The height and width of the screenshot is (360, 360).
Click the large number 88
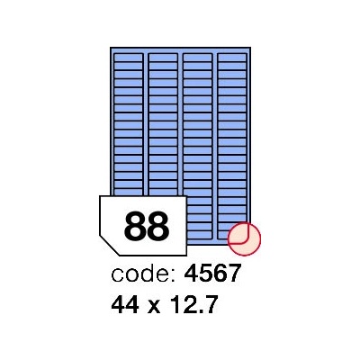147,226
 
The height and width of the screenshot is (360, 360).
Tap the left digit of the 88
135,226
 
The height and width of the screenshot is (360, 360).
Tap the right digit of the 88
158,226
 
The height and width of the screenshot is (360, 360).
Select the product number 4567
212,274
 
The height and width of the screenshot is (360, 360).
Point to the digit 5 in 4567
205,274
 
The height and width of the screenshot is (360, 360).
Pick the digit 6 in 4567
220,274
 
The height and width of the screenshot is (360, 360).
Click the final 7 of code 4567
234,274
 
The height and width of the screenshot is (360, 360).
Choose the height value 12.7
193,304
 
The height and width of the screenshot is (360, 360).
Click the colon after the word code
173,276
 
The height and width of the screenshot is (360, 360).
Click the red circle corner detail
244,239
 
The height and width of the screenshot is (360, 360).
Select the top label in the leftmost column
129,58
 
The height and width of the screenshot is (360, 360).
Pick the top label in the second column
163,58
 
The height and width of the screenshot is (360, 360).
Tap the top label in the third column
197,58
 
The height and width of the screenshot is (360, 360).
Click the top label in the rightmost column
232,58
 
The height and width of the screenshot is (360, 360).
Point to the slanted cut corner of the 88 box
110,246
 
